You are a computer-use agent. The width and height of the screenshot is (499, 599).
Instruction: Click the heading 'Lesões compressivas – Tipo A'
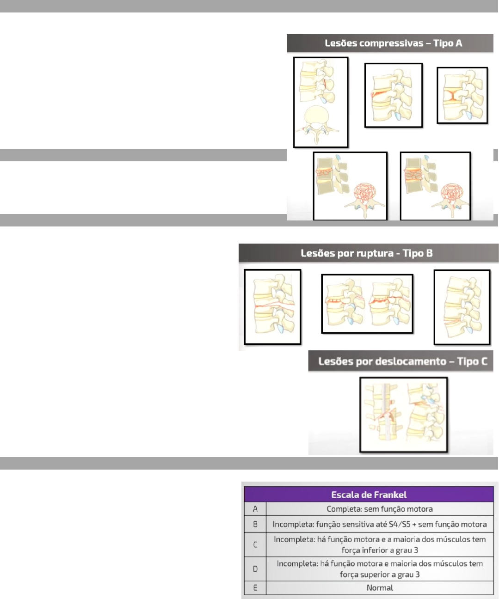[393, 43]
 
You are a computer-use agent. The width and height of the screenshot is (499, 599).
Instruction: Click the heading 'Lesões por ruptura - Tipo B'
[366, 253]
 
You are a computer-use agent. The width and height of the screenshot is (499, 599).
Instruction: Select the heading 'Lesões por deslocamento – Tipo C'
[402, 361]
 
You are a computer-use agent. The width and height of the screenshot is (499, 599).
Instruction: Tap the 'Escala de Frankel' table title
[369, 495]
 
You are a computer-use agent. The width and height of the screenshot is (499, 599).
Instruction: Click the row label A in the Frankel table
[255, 509]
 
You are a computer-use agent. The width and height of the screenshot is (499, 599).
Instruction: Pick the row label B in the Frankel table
[255, 525]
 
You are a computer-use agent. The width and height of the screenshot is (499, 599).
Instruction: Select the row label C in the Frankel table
[255, 545]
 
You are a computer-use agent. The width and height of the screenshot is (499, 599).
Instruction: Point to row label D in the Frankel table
[255, 569]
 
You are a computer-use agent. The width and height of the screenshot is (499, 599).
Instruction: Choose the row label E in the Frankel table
[255, 588]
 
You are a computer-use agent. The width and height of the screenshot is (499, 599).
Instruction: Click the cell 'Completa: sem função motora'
[380, 509]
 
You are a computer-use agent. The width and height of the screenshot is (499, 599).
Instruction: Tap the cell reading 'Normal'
[380, 588]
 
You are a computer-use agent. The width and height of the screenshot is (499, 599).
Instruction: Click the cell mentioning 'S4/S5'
[380, 525]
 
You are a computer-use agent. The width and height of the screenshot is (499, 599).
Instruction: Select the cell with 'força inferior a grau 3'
[380, 545]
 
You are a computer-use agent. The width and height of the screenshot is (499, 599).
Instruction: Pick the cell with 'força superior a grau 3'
[380, 569]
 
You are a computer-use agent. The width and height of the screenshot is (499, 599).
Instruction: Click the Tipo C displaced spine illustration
[403, 415]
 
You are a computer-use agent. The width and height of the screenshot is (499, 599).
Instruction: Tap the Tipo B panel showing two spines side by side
[367, 304]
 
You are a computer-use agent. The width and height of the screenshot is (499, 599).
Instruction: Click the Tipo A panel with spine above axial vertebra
[320, 102]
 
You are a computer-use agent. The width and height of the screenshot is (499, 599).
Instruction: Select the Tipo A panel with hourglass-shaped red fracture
[462, 96]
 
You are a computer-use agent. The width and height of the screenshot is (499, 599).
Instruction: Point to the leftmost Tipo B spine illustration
[272, 307]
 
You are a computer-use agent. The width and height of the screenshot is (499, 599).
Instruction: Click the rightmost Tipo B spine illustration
[462, 307]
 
